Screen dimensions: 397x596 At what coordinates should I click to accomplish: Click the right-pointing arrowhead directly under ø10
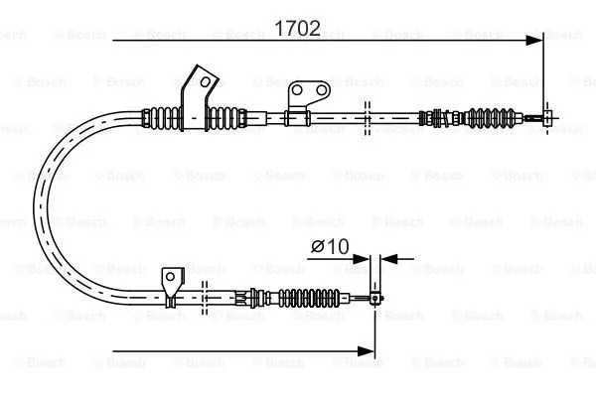[x=362, y=259]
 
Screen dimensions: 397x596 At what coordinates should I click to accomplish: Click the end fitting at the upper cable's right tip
[x=548, y=117]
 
